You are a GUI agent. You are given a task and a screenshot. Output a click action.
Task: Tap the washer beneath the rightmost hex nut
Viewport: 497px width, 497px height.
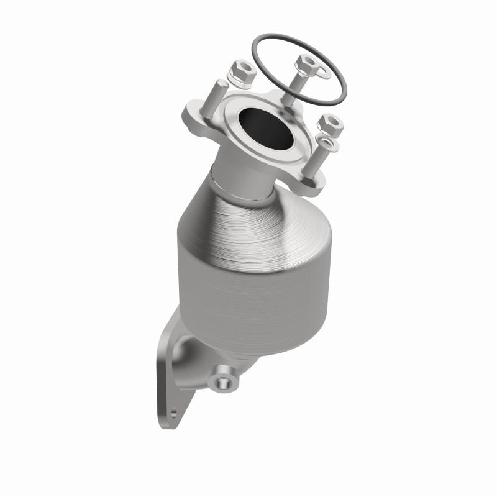(327, 144)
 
